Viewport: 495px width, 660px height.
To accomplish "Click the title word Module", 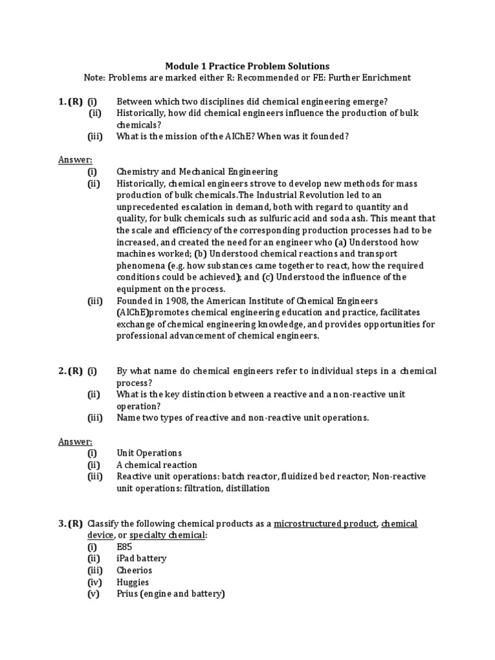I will tap(182, 66).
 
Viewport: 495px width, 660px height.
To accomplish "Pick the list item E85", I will tap(124, 547).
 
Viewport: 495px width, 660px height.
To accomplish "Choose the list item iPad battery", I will tap(141, 558).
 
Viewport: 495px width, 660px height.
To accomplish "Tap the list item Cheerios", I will tap(134, 570).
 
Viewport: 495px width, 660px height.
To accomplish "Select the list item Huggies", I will tap(133, 582).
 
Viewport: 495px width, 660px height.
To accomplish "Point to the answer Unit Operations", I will tap(149, 453).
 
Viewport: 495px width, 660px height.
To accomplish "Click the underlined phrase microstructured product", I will tap(325, 523).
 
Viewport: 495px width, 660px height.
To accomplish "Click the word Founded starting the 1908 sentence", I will tap(135, 301).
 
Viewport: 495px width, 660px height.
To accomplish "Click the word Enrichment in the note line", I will tap(382, 78).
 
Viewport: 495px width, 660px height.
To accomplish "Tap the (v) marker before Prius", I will tap(94, 594).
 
